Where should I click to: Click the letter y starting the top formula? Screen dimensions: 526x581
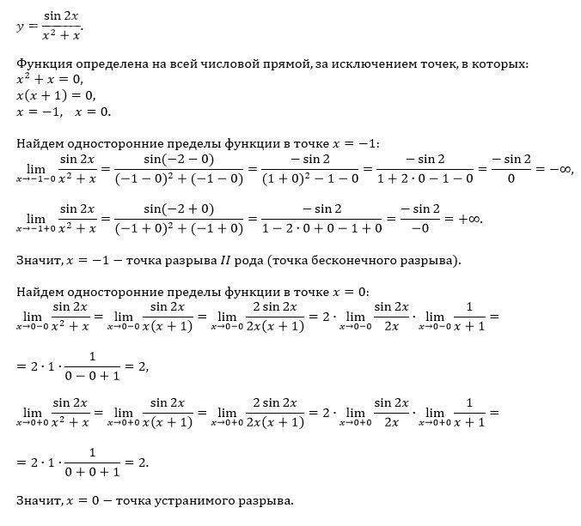20,27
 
